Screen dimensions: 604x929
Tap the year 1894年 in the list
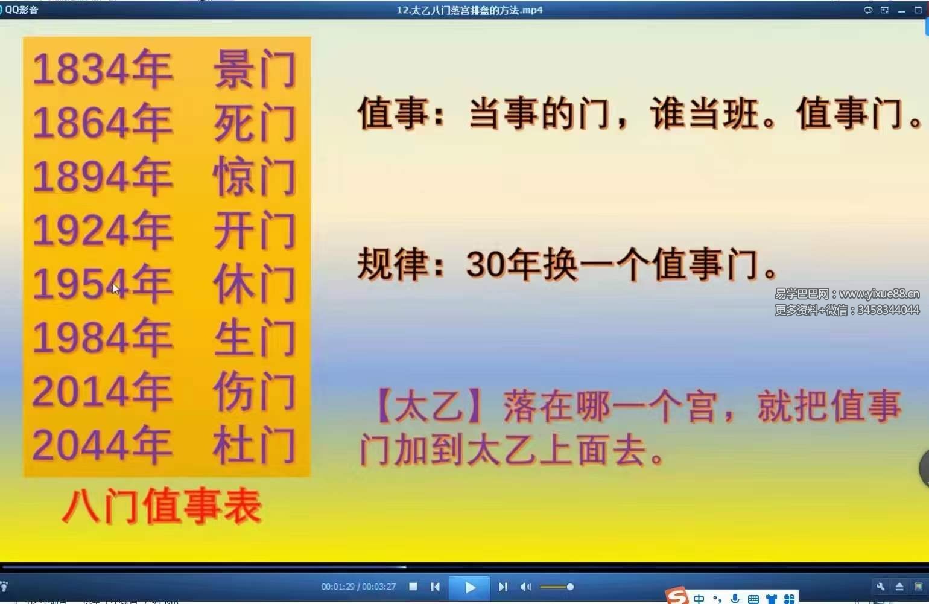[x=103, y=177]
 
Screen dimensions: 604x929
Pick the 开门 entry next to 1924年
[x=255, y=231]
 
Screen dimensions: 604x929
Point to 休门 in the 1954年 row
[x=255, y=284]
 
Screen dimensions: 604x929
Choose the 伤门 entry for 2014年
[x=255, y=392]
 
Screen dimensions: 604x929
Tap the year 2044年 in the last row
[x=103, y=445]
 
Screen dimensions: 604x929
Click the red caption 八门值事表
[x=162, y=506]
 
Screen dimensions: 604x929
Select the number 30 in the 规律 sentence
[x=485, y=264]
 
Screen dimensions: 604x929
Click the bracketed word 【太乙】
[x=430, y=406]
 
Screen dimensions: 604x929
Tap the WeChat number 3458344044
[x=888, y=310]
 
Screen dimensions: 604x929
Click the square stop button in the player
[x=413, y=587]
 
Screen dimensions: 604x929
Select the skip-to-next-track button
[x=503, y=587]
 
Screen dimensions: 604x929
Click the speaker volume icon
[x=525, y=587]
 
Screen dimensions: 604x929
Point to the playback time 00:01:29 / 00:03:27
[x=358, y=587]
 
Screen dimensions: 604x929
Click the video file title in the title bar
[x=469, y=10]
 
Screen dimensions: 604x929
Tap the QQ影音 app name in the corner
[x=22, y=10]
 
